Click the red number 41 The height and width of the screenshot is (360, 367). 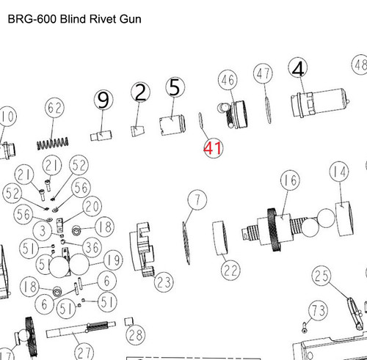(213, 147)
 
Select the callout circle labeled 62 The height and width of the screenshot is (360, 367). (55, 109)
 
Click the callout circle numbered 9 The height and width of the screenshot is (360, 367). (103, 100)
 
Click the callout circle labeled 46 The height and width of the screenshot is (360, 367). (227, 80)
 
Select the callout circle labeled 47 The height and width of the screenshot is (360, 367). (263, 73)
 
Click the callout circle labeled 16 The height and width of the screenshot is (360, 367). (290, 180)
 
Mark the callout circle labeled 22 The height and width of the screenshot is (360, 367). (230, 271)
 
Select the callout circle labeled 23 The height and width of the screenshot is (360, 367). (163, 281)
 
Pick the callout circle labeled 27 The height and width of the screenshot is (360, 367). (85, 350)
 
